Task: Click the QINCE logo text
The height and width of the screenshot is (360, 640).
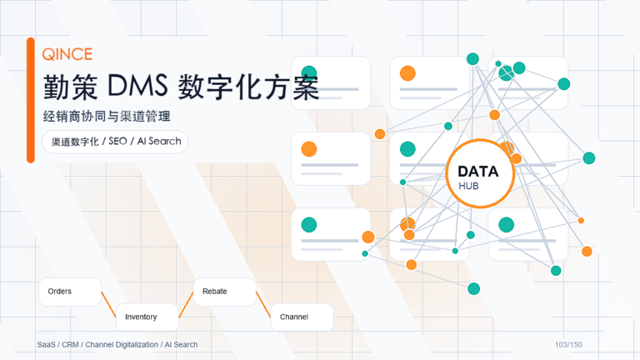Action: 67,54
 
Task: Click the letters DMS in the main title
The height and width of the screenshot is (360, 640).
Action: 137,86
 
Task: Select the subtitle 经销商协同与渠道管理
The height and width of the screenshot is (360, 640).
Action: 107,117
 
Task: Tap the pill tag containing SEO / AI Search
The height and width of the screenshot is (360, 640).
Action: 115,142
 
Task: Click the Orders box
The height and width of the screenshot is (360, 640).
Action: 70,292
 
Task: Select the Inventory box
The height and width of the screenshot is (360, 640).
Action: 147,317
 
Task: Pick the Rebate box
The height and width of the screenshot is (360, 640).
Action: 224,292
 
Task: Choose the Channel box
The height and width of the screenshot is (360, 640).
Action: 302,317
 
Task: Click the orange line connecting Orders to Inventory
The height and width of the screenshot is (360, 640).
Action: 108,304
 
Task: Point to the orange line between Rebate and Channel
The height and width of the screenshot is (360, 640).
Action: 263,304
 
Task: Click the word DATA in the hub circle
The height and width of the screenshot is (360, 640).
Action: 478,172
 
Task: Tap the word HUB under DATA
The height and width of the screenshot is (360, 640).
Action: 468,186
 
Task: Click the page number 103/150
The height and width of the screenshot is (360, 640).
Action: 568,345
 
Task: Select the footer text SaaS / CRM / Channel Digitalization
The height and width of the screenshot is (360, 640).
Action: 98,345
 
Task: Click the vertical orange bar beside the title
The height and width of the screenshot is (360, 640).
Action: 31,100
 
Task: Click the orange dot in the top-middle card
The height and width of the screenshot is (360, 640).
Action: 407,73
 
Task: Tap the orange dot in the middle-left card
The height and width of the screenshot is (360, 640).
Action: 309,149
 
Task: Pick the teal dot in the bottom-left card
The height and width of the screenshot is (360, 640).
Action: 309,224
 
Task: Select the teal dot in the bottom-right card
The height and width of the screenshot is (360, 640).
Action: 506,224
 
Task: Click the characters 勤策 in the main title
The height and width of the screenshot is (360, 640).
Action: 71,87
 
